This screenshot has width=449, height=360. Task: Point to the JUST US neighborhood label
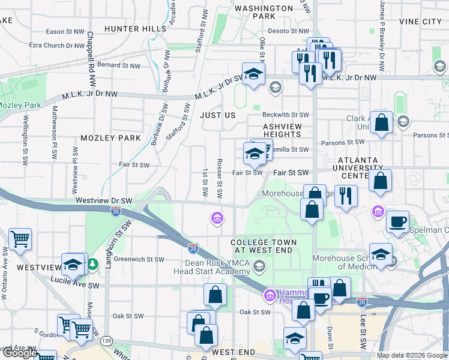(217, 115)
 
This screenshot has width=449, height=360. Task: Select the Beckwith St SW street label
(285, 115)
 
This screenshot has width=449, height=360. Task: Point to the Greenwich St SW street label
(139, 260)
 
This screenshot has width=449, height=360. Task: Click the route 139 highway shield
(107, 341)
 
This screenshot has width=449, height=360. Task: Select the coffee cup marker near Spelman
(397, 221)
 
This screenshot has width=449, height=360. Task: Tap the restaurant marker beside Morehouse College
(346, 195)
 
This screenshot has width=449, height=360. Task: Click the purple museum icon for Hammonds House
(270, 295)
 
